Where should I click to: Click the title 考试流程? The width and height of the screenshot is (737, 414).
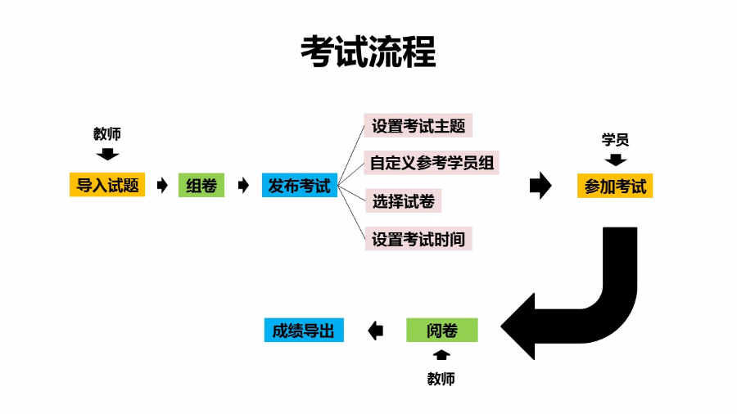tap(368, 52)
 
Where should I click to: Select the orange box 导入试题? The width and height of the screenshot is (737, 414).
tap(107, 186)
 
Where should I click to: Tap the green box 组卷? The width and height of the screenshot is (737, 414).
tap(201, 186)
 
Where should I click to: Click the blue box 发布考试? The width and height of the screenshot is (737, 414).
tap(300, 186)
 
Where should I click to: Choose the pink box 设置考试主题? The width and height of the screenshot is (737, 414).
tap(418, 127)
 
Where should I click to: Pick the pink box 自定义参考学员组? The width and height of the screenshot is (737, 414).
tap(432, 162)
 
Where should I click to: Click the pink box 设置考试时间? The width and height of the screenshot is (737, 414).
tap(418, 239)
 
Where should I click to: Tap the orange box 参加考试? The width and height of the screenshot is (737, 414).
tap(615, 187)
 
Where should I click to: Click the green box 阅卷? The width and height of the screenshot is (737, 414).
tap(441, 331)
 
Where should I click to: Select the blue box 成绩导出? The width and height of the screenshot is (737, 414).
tap(304, 331)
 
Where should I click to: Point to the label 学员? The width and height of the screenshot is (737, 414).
tap(615, 140)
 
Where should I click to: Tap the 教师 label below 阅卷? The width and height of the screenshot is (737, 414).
tap(441, 379)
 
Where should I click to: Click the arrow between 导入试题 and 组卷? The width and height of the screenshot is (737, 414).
tap(161, 186)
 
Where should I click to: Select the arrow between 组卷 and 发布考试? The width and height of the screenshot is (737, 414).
tap(242, 186)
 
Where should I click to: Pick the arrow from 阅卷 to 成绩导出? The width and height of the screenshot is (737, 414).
tap(376, 331)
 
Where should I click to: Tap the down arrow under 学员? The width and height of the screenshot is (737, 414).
tap(615, 160)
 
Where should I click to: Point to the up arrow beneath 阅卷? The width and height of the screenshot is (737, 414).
tap(441, 355)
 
